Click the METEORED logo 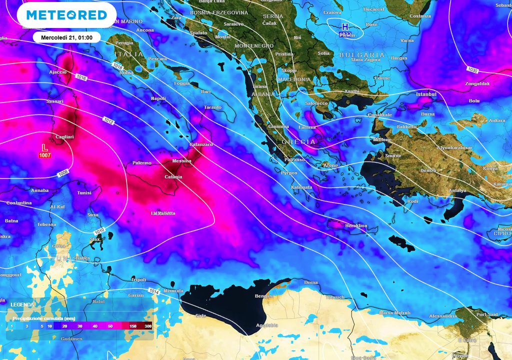[66, 15]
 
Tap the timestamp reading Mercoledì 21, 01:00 [66, 37]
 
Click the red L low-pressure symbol [44, 147]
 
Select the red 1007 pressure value [44, 155]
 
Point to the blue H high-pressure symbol [345, 26]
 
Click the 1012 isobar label [109, 120]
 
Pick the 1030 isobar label [473, 69]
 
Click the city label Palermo [141, 163]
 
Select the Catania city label [173, 177]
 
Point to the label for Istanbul [426, 94]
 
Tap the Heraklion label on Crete [356, 226]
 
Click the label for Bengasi [263, 296]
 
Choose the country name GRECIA [298, 142]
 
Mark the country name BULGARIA [362, 55]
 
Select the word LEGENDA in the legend [22, 304]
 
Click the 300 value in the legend [148, 326]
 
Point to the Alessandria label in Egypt [443, 316]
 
